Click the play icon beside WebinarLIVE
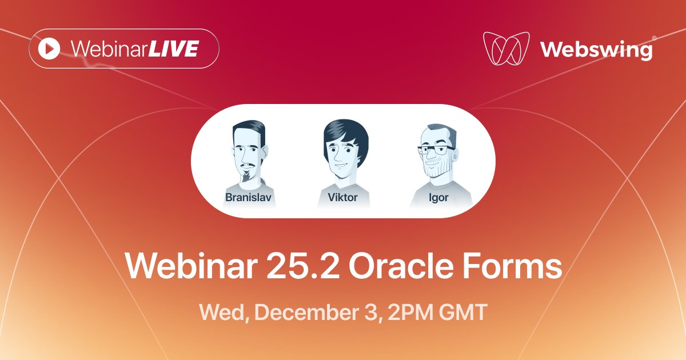(x=50, y=49)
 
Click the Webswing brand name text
(x=596, y=50)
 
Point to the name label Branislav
(x=248, y=198)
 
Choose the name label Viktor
(x=343, y=198)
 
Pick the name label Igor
(x=439, y=198)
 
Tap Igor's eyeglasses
(x=436, y=152)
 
